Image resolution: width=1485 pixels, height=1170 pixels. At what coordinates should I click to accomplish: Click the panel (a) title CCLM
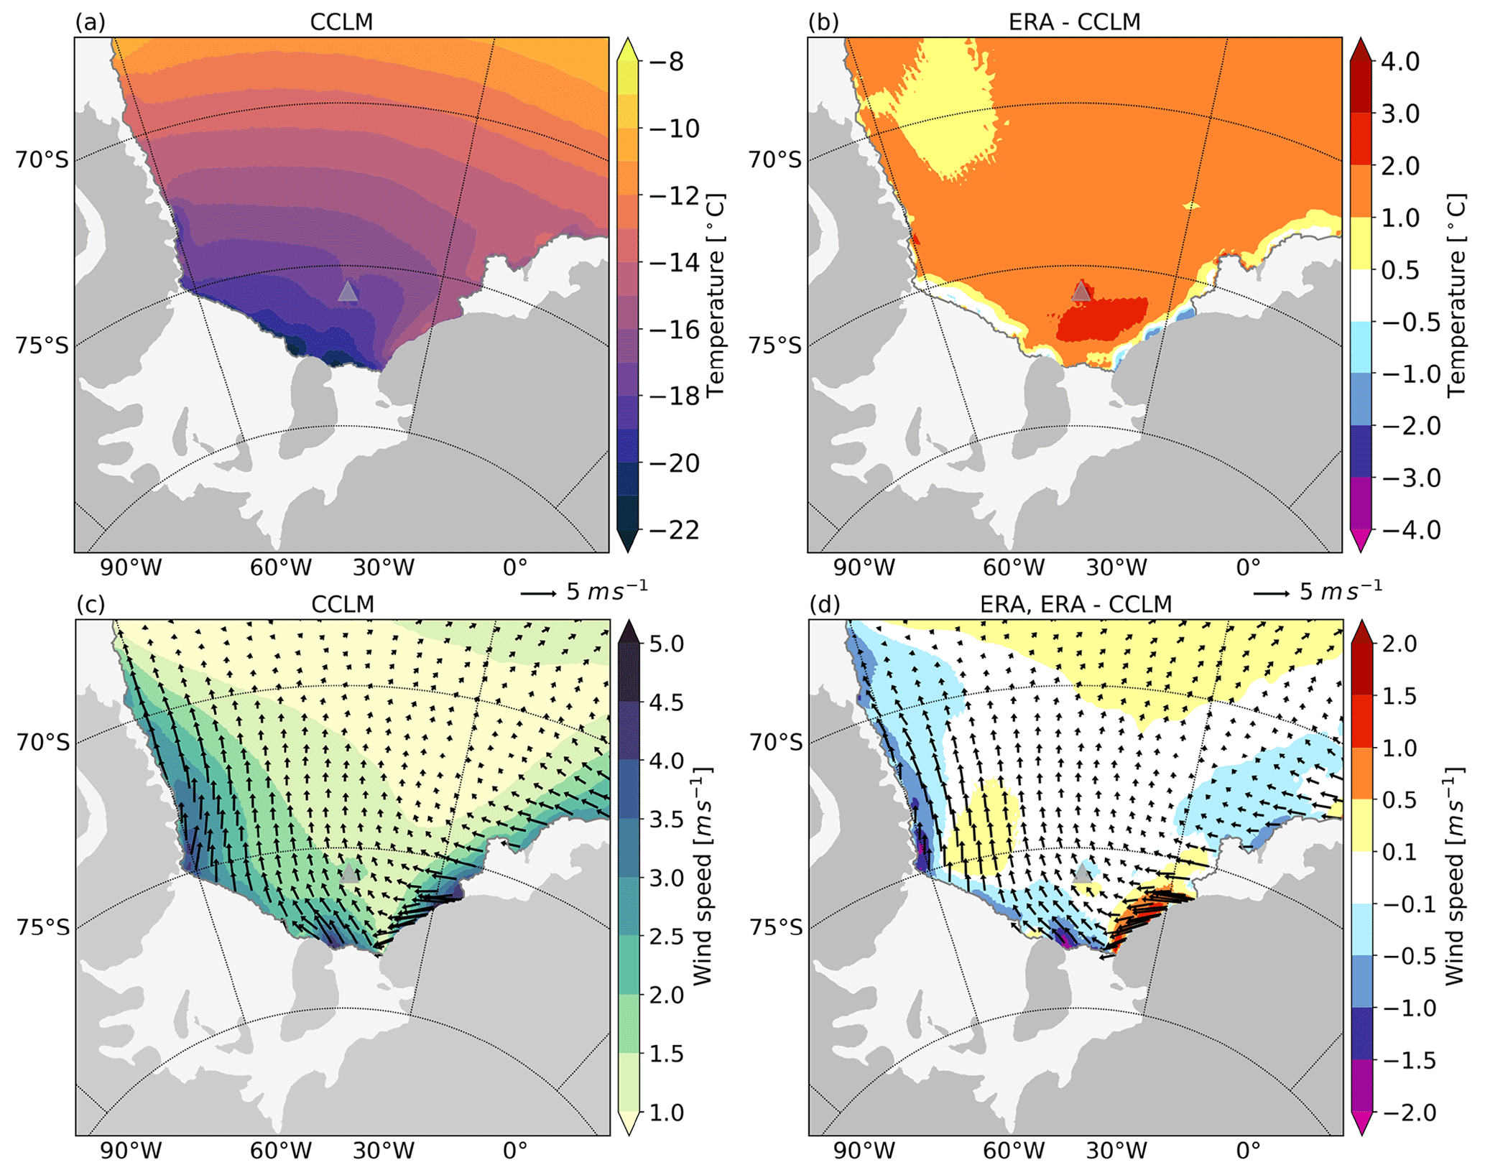point(341,22)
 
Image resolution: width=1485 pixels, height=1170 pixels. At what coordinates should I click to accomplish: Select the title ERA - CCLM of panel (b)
point(1074,22)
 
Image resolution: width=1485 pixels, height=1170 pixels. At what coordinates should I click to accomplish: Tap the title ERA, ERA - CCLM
point(1075,605)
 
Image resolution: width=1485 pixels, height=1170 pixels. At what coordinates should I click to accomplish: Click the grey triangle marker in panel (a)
point(348,292)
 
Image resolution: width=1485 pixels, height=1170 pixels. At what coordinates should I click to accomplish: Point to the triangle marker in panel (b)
point(1081,291)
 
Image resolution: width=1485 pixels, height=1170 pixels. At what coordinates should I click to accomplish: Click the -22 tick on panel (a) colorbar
point(673,530)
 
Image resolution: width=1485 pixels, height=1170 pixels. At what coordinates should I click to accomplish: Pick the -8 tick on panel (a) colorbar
point(673,62)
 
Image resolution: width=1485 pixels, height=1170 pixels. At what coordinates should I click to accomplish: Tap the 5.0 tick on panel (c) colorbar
point(667,644)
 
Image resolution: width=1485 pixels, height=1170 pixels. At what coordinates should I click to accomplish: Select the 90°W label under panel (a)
point(130,568)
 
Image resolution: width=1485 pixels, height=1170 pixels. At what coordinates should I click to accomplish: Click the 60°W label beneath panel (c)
point(281,1151)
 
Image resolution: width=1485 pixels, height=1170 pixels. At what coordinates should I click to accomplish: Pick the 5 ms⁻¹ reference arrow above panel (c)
point(538,593)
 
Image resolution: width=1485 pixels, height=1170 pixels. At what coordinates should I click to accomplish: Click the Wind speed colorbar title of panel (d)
point(1454,876)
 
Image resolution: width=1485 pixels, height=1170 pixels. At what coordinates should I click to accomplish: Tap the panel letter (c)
point(91,605)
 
